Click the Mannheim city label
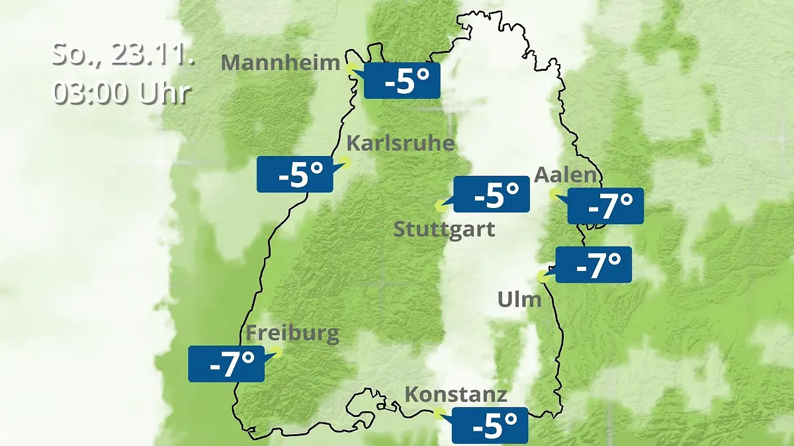[x=280, y=63]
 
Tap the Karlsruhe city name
[x=400, y=143]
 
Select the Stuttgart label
[x=444, y=230]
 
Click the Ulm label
[x=519, y=299]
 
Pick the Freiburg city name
[x=292, y=334]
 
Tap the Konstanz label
[x=456, y=395]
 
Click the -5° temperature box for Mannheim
[x=402, y=81]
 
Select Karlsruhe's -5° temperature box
[x=295, y=174]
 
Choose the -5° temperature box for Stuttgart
[x=491, y=194]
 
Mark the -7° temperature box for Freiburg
[x=226, y=363]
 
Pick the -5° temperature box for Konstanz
[x=490, y=425]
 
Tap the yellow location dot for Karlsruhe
[x=345, y=161]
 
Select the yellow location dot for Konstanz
[x=438, y=414]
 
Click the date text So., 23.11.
[x=123, y=54]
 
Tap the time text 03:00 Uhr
[x=122, y=93]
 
